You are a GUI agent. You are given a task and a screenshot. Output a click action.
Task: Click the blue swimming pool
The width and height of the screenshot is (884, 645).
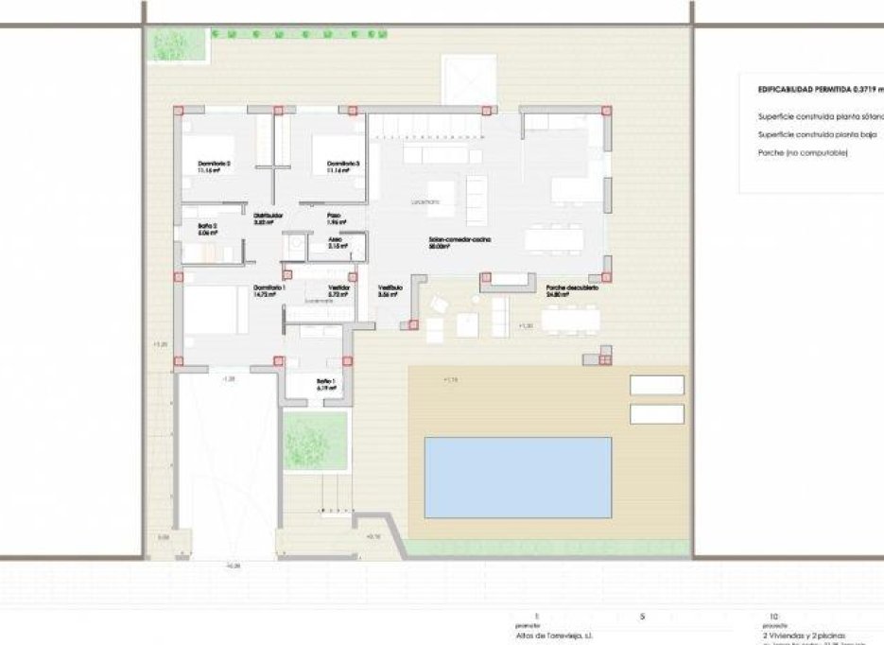[518, 476]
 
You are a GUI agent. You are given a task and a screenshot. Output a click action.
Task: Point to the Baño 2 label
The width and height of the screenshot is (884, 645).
[208, 227]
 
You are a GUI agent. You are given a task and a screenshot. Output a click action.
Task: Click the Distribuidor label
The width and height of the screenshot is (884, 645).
[268, 217]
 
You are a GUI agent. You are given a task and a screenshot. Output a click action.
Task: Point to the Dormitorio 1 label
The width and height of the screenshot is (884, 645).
[269, 289]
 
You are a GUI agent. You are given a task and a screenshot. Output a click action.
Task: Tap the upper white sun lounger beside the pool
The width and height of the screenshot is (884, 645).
[656, 385]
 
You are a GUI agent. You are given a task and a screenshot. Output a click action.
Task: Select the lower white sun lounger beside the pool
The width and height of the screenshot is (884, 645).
[656, 414]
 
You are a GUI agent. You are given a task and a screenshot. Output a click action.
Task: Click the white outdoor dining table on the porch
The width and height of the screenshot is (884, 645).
[569, 320]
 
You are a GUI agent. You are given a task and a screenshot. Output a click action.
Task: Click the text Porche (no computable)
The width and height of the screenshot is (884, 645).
[803, 152]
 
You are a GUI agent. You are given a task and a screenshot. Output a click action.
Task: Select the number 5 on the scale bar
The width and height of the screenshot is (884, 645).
[641, 616]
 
